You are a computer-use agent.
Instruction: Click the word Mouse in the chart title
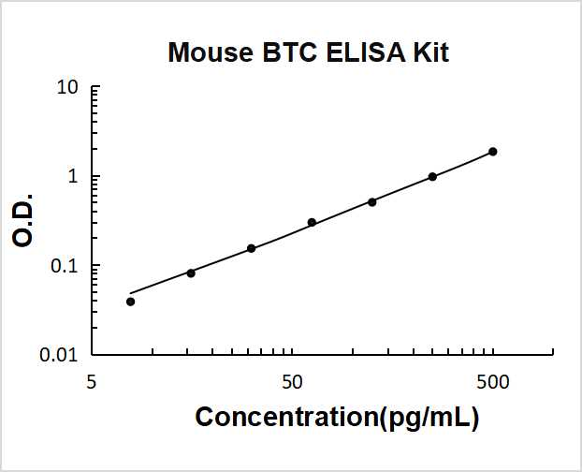coord(206,52)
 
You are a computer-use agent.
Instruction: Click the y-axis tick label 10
coord(67,89)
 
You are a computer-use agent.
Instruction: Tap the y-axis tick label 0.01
coord(61,355)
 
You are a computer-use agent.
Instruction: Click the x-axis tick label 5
coord(92,382)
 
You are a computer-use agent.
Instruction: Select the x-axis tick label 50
coord(292,382)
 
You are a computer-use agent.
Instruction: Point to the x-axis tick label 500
coord(493,382)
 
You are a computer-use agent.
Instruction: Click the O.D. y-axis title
coord(24,222)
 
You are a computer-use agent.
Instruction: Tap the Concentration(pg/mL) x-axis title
coord(337,418)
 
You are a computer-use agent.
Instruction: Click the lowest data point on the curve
coord(130,302)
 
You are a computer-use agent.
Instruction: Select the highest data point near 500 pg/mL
coord(493,152)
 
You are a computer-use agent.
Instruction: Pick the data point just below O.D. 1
coord(432,177)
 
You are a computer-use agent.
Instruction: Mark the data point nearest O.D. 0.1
coord(191,273)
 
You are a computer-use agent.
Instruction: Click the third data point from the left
coord(251,248)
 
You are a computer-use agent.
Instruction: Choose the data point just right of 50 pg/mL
coord(312,222)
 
